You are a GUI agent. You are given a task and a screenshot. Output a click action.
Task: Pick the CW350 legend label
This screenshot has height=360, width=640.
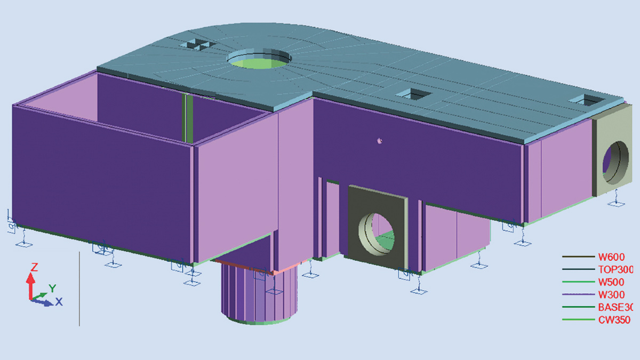pos(614,320)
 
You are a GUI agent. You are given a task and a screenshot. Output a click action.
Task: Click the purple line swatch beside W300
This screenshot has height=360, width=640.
pos(578,295)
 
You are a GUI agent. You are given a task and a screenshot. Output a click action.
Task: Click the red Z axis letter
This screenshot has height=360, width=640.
pos(34,267)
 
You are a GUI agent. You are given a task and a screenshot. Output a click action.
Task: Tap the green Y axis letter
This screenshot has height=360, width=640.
pos(52,288)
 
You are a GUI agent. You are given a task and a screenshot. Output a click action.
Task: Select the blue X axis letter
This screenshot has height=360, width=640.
pos(59,302)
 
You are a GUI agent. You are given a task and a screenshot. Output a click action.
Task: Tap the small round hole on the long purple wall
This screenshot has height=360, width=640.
pos(379,141)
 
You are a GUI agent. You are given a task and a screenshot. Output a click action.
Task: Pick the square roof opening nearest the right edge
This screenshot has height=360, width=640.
pos(584,99)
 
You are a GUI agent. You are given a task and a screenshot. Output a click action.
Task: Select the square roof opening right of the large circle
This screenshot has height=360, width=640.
pos(413,94)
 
